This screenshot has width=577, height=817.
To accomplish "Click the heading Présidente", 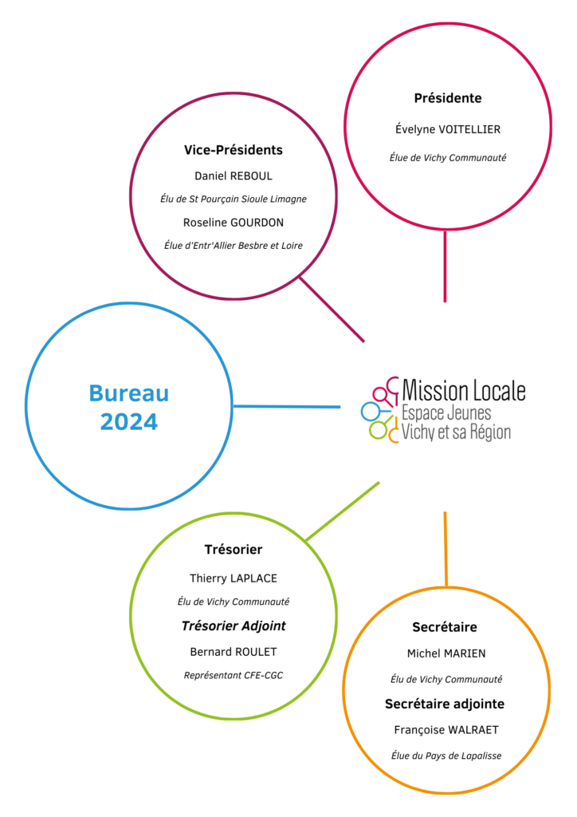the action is [447, 98].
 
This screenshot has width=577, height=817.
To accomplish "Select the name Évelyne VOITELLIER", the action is [447, 129].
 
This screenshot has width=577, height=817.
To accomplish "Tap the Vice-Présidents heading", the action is [233, 150].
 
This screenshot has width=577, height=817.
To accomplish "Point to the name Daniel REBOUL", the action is [233, 176].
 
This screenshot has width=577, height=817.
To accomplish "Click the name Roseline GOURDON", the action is [233, 223].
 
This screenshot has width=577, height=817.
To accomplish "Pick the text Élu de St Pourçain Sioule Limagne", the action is [233, 199].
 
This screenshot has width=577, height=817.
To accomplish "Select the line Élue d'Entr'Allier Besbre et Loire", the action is [233, 246].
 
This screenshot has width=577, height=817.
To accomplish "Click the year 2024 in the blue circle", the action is [128, 421].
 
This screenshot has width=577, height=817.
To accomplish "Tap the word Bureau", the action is [128, 393].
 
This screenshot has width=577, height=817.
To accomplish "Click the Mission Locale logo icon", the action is [380, 410].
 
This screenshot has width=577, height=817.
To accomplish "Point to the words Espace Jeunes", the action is [446, 413].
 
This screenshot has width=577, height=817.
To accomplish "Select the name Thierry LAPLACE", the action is [233, 578].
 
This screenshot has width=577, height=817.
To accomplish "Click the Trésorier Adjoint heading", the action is [233, 626].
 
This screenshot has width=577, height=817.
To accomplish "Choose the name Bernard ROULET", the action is [233, 652].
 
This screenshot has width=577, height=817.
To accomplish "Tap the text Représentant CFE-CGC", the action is [233, 675].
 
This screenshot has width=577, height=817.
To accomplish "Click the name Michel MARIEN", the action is [446, 653].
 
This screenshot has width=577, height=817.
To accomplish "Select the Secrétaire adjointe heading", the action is [445, 704].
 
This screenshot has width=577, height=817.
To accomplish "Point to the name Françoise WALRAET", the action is [446, 730].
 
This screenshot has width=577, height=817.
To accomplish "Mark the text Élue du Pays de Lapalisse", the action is [446, 756].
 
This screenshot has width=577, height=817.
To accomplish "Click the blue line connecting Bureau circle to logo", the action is [287, 406].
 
